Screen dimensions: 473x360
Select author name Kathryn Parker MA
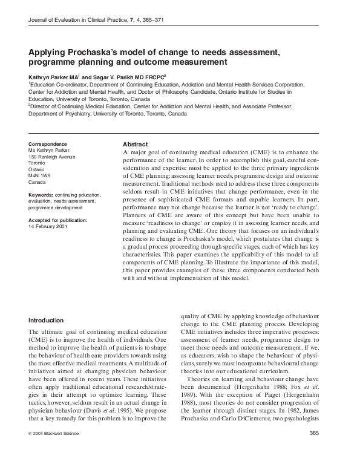pos(53,77)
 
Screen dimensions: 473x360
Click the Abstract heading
pos(135,145)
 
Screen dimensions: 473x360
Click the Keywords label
pos(41,195)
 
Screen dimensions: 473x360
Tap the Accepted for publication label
pos(57,220)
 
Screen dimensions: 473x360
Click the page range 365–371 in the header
pos(149,21)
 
